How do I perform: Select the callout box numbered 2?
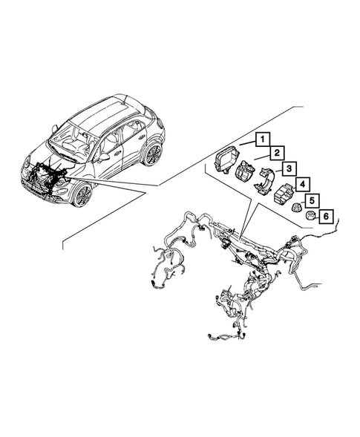point(274,154)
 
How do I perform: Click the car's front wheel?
point(82,195)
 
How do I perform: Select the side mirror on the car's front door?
point(104,158)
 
